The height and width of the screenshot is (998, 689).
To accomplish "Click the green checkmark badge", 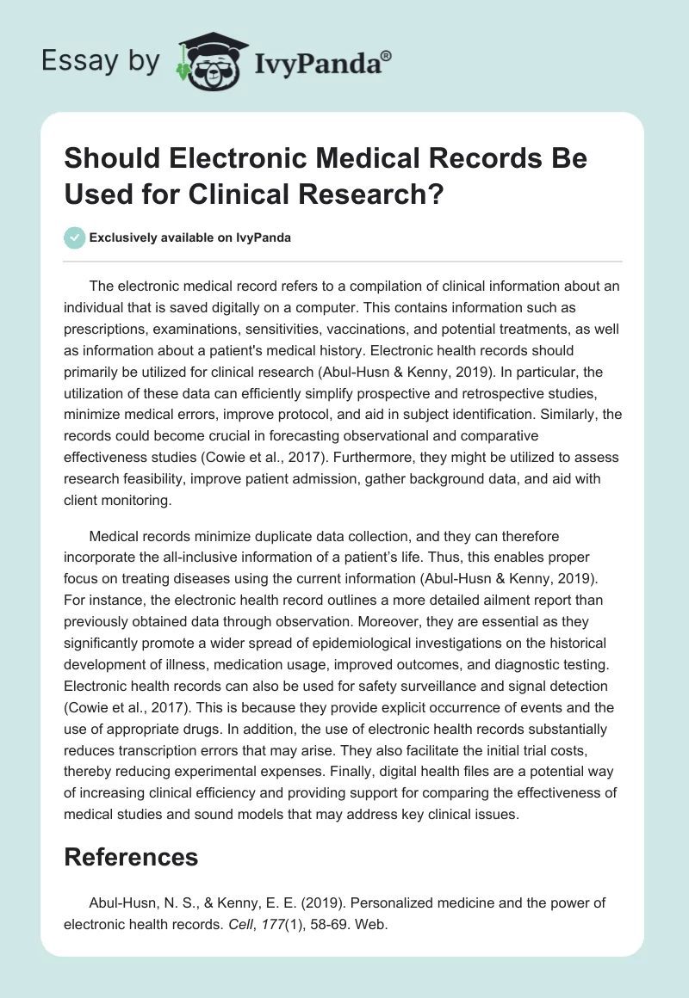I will coord(76,237).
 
